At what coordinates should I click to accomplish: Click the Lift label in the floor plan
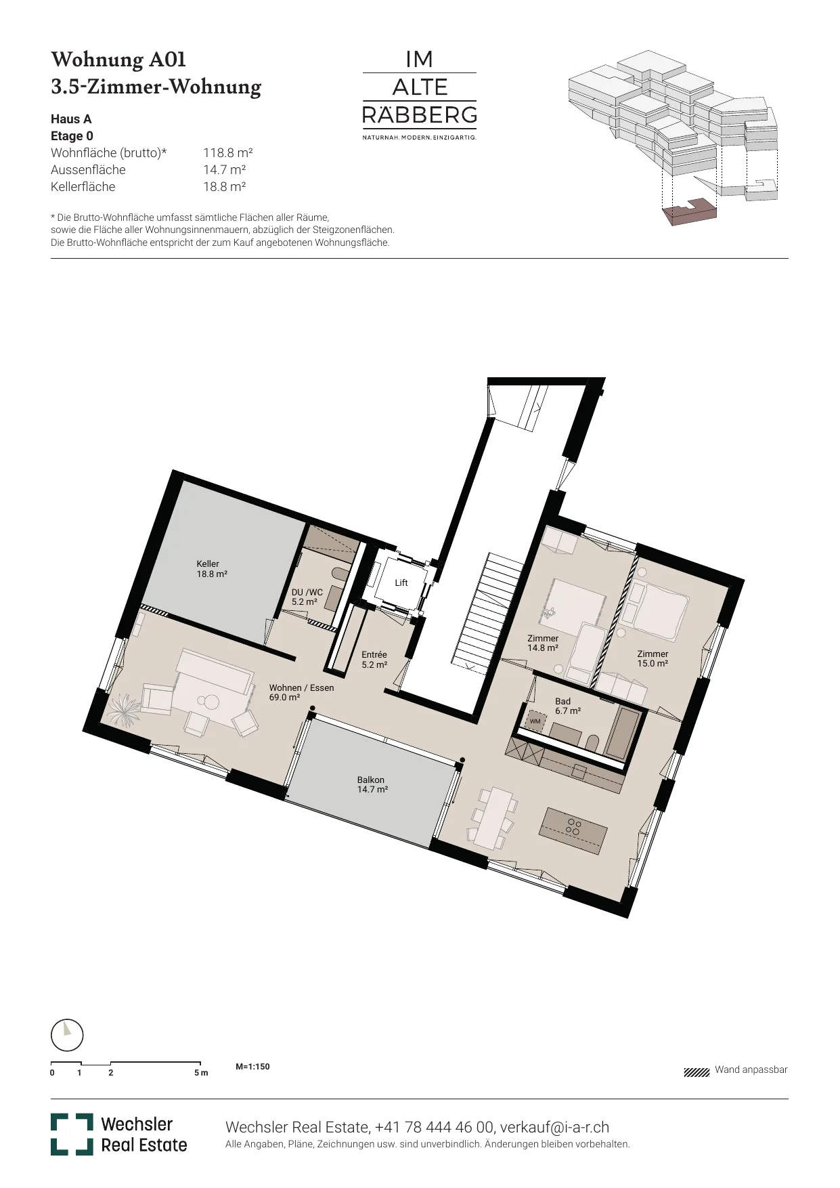pos(401,582)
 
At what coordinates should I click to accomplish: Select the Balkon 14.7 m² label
pos(372,785)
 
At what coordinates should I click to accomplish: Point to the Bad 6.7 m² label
pos(568,706)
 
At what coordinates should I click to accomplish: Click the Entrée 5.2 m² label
pos(374,660)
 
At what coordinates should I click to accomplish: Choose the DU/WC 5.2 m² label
pos(307,597)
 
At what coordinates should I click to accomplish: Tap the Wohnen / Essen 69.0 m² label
pos(301,692)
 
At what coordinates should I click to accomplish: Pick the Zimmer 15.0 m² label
pos(653,658)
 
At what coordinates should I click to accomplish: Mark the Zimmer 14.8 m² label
pos(543,643)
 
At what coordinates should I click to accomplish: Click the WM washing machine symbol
pos(536,721)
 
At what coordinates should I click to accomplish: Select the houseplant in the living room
pos(125,710)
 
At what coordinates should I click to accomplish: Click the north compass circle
pos(67,1036)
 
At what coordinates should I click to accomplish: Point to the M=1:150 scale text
pos(252,1067)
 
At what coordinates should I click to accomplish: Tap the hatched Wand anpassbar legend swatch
pos(697,1072)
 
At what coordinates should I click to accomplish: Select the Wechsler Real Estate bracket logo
pos(72,1134)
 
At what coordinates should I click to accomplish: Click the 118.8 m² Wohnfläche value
pos(228,153)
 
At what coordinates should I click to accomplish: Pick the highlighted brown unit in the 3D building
pos(689,211)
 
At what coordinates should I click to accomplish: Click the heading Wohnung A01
pos(118,60)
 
